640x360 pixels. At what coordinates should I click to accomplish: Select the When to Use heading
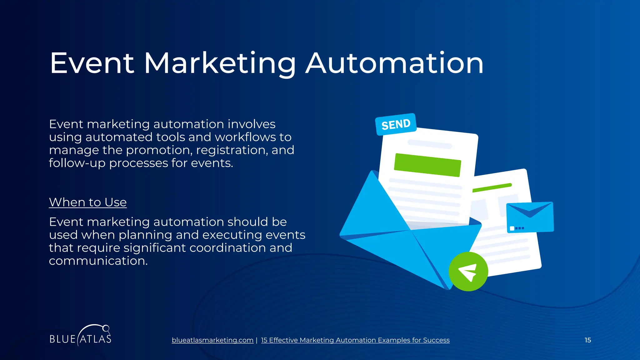coord(88,202)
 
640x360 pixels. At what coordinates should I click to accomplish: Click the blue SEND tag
coord(396,124)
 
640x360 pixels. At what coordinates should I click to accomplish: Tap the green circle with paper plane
coord(468,272)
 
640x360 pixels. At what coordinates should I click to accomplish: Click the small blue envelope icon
coord(530,217)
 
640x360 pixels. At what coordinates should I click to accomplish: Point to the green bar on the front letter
coord(427,165)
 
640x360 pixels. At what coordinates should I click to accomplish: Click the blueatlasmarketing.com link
coord(212,340)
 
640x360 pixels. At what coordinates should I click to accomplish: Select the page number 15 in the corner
coord(588,340)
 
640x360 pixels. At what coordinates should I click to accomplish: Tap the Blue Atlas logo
coord(80,336)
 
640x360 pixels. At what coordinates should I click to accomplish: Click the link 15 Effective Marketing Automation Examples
coord(355,340)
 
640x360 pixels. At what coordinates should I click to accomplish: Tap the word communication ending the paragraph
coord(98,261)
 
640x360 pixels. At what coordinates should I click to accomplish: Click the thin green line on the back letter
coord(492,187)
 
